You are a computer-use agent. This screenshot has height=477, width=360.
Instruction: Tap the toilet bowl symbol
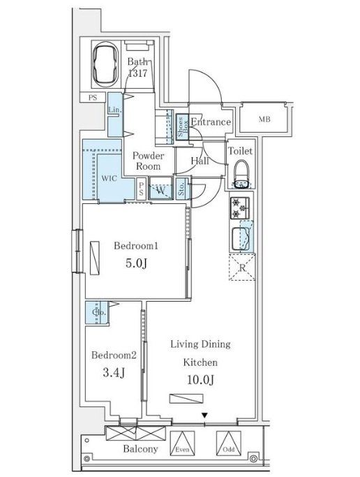click(x=241, y=174)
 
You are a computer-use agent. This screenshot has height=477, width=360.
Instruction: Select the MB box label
click(x=264, y=119)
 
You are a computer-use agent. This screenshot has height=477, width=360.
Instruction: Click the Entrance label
click(x=211, y=122)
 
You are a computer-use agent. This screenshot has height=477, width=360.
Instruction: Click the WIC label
click(x=109, y=178)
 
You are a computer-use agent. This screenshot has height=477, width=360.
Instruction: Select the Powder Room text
click(x=147, y=161)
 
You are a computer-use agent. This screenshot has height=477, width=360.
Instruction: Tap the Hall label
click(x=202, y=161)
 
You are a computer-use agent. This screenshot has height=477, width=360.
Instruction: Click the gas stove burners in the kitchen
click(x=241, y=207)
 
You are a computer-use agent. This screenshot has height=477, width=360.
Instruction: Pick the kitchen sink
click(x=241, y=238)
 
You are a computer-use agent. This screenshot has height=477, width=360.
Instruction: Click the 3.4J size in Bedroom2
click(x=112, y=372)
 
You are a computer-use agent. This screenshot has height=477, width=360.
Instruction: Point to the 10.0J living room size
click(x=201, y=381)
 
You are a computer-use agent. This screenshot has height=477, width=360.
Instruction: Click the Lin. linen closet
click(x=114, y=111)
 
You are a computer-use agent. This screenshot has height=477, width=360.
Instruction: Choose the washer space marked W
click(x=160, y=189)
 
